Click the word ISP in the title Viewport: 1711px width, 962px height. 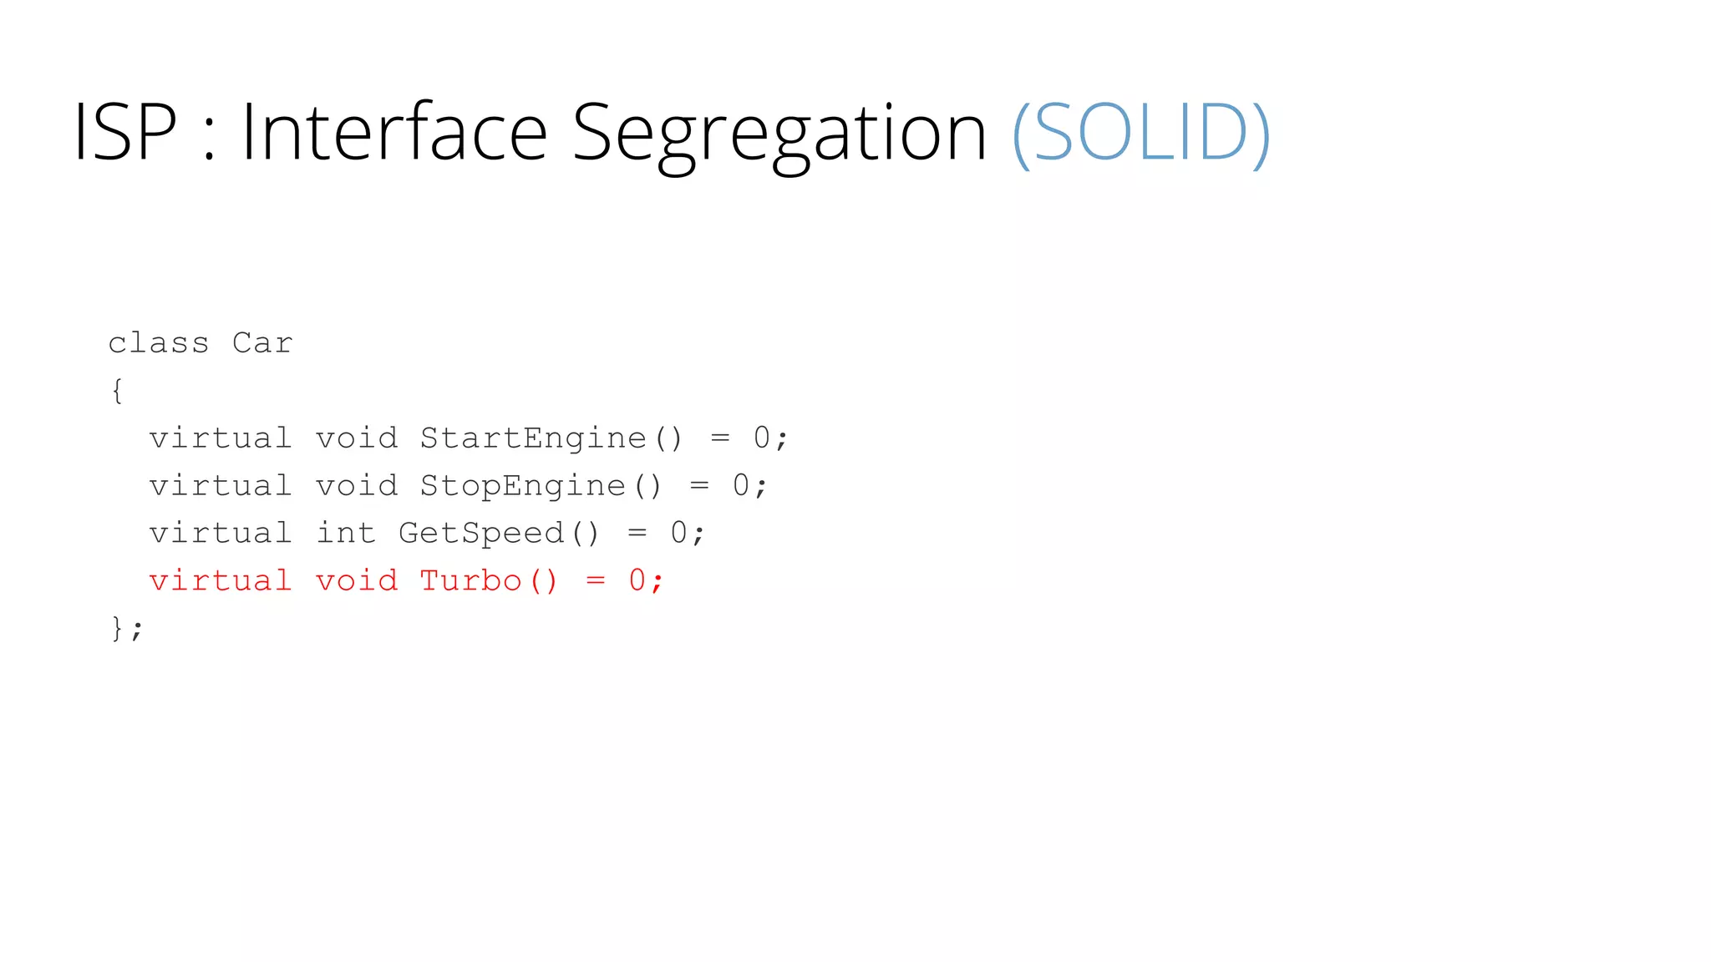[125, 132]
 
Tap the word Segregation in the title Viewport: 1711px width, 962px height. [779, 134]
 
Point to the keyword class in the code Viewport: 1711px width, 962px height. [159, 343]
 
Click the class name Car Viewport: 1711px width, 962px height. [262, 343]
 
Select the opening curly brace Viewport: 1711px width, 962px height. [118, 390]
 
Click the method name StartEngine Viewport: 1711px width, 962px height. [533, 438]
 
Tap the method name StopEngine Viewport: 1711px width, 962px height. [523, 486]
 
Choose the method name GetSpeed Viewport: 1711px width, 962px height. [481, 534]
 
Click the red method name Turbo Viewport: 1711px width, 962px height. [471, 580]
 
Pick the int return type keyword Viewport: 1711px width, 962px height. [346, 533]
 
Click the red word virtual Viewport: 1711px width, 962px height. [221, 580]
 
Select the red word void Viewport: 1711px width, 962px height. [357, 580]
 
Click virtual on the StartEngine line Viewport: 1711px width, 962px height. [221, 438]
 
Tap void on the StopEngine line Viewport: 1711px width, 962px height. [357, 486]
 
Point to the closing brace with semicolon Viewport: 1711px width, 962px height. [127, 628]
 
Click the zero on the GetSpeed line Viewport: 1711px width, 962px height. [679, 533]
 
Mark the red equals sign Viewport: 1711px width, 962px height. [596, 580]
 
